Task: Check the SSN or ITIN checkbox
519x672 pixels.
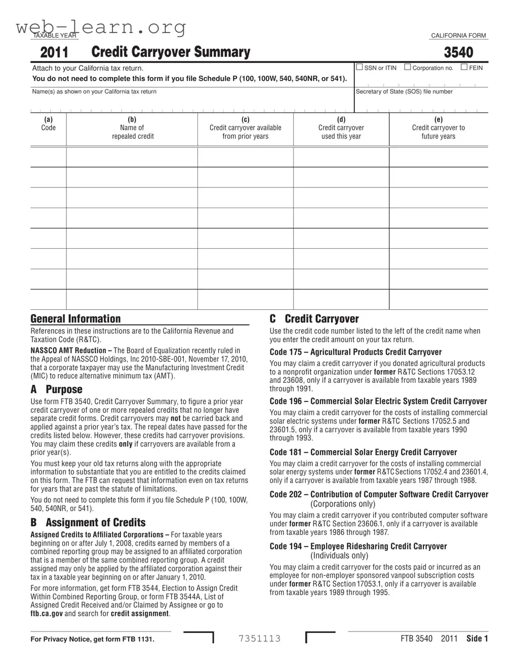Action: pyautogui.click(x=360, y=67)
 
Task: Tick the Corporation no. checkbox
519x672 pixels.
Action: pyautogui.click(x=408, y=67)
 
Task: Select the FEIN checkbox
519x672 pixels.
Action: pyautogui.click(x=464, y=67)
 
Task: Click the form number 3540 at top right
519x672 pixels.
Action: pyautogui.click(x=458, y=53)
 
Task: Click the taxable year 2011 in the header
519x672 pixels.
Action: pyautogui.click(x=54, y=53)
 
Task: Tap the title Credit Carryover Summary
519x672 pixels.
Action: pyautogui.click(x=171, y=52)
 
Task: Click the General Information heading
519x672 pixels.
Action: pyautogui.click(x=75, y=319)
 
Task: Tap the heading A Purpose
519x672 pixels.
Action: pyautogui.click(x=56, y=389)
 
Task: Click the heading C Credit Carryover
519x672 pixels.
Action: pyautogui.click(x=314, y=319)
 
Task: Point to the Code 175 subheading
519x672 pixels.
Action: pyautogui.click(x=355, y=352)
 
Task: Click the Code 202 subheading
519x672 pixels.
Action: pyautogui.click(x=379, y=495)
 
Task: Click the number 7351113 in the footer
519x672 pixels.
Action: pyautogui.click(x=259, y=639)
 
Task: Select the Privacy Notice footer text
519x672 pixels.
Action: pyautogui.click(x=92, y=639)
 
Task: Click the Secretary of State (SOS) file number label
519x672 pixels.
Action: pyautogui.click(x=404, y=92)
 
